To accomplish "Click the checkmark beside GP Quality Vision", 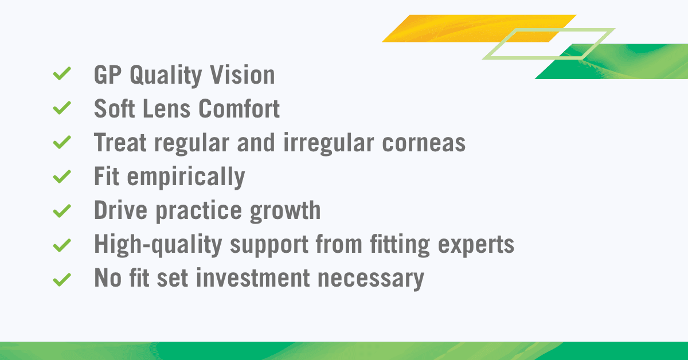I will [61, 74].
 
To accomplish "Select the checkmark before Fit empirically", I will [61, 177].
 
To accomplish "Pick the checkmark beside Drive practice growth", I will [61, 211].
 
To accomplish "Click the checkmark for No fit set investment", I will [61, 280].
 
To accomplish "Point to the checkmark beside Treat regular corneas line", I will [61, 142].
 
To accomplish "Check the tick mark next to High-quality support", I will [61, 245].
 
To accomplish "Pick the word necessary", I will [371, 280].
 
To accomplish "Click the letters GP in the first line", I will [108, 75].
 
